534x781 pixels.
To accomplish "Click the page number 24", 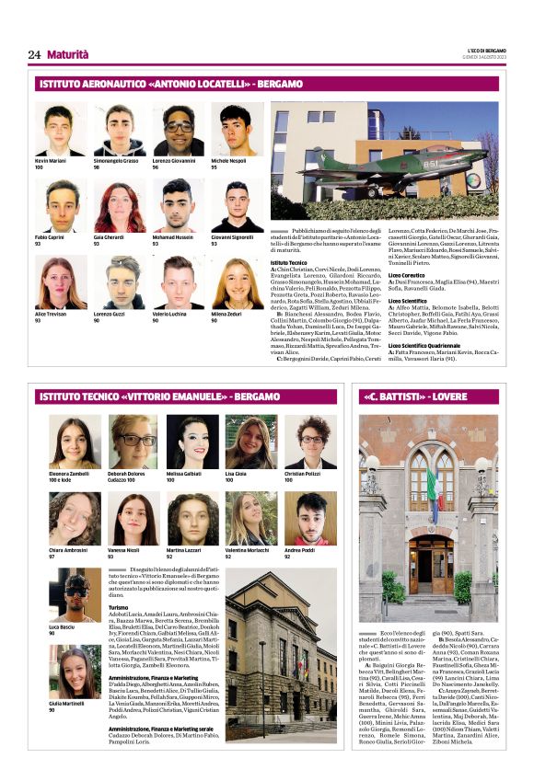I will [34, 54].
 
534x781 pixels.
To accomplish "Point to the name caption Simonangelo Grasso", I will [116, 161].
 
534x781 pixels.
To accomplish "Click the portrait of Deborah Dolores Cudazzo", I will [133, 442].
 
